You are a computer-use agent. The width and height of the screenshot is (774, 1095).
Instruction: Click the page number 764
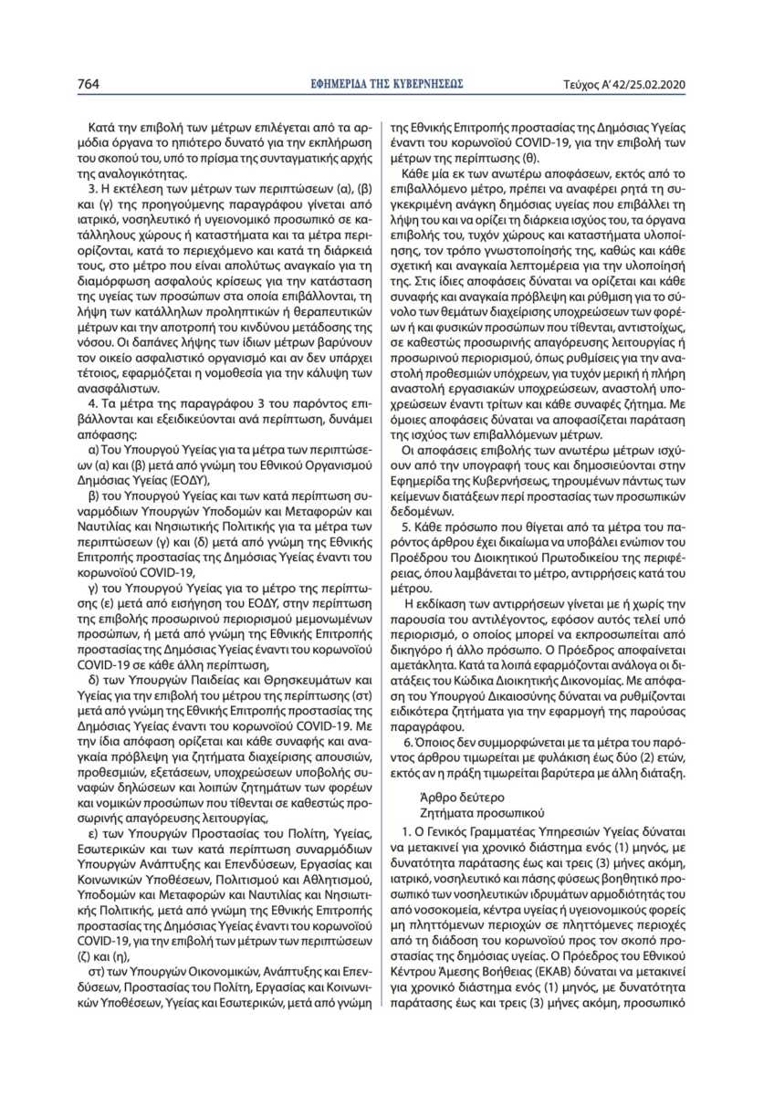[88, 84]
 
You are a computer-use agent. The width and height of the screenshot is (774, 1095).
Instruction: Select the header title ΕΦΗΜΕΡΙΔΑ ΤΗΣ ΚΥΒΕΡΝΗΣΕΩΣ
[387, 84]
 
